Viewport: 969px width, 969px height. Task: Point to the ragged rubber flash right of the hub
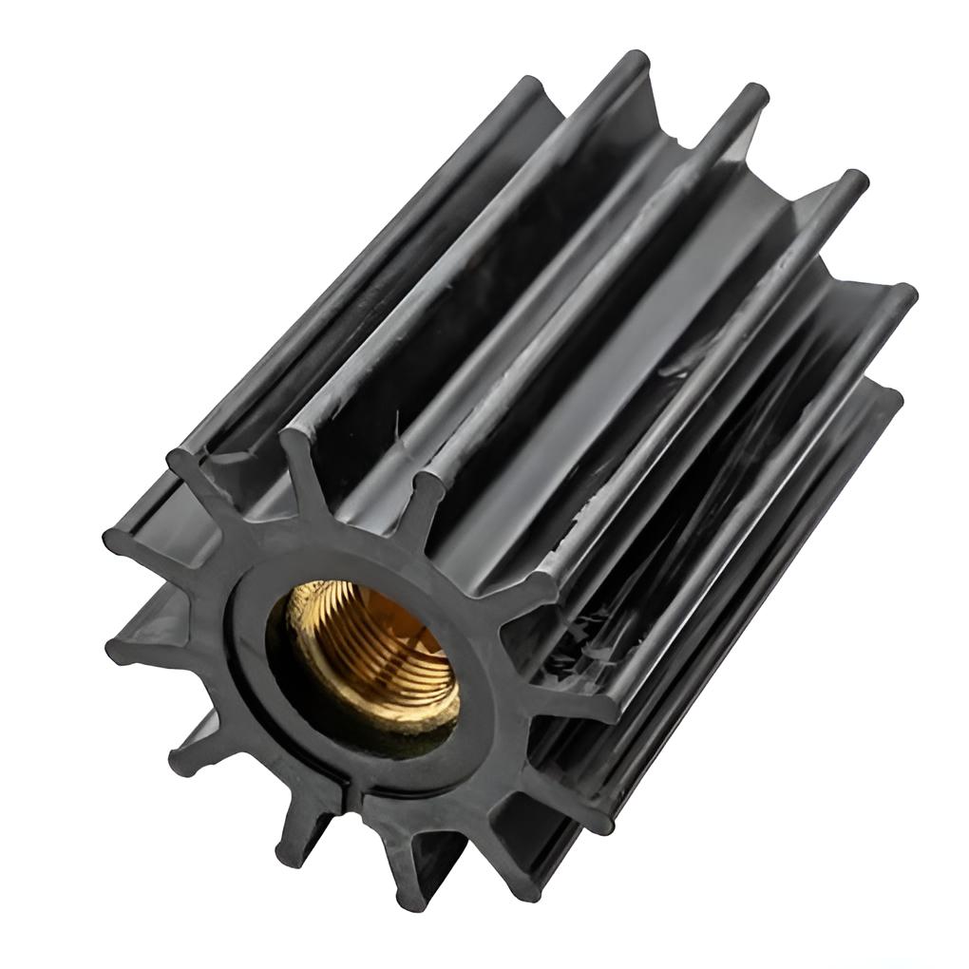(570, 655)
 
